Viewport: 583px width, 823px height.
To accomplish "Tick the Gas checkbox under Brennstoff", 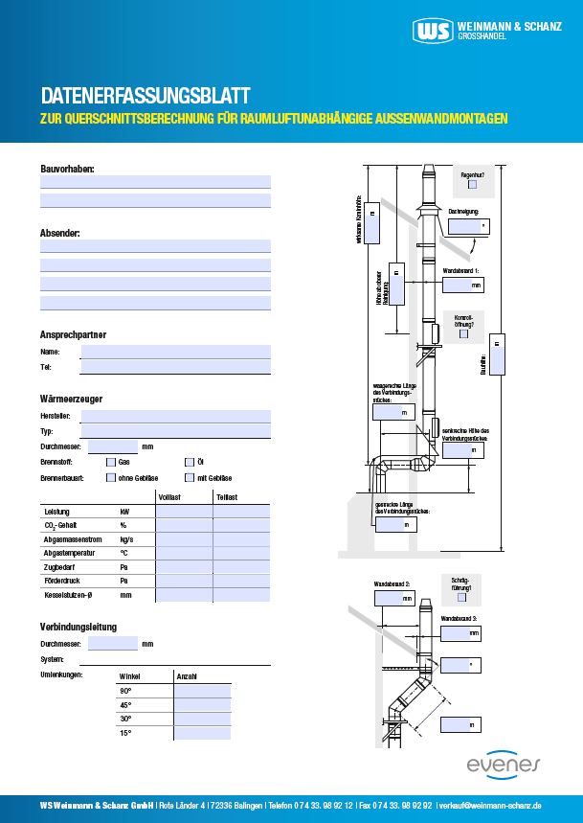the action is [x=110, y=461].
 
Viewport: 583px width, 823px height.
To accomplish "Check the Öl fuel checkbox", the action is [x=189, y=461].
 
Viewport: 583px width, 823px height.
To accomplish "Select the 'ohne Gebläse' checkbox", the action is [x=110, y=477].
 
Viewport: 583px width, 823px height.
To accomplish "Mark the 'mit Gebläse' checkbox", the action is [x=189, y=477].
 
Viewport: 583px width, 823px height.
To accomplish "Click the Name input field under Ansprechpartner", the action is [x=175, y=352].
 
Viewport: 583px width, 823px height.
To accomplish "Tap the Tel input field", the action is [x=175, y=366].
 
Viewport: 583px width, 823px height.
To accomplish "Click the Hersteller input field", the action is [x=175, y=416].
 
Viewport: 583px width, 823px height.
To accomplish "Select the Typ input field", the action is [x=175, y=431].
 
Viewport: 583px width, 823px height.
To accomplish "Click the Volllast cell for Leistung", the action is [x=184, y=512].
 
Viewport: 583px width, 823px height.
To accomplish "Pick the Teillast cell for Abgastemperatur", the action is [x=241, y=553].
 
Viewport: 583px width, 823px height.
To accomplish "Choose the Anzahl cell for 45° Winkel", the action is [x=202, y=704].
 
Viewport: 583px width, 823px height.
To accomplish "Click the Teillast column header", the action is [x=228, y=496].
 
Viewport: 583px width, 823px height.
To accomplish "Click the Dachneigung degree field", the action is [x=466, y=226].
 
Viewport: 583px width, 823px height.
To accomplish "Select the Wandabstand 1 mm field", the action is [x=463, y=285].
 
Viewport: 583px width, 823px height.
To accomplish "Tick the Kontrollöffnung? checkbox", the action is [x=464, y=334].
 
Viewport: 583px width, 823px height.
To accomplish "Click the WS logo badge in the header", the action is [x=433, y=31].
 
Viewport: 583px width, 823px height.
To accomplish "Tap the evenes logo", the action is [x=504, y=764].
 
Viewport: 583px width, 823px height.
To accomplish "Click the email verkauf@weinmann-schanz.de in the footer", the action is [x=490, y=806].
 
